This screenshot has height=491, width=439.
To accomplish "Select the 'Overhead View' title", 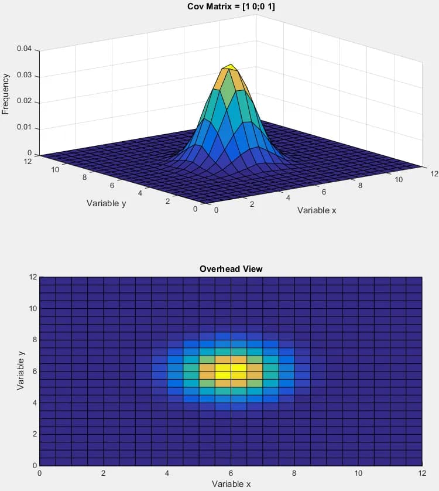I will click(x=231, y=269).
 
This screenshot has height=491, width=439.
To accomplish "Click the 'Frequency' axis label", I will click(x=6, y=93).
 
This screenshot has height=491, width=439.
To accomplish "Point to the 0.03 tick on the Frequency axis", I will click(x=24, y=76).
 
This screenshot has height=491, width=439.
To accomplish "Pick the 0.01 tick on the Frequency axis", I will click(x=24, y=128).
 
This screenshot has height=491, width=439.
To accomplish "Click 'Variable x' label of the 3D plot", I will click(x=317, y=210).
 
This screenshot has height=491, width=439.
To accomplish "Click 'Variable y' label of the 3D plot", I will click(x=106, y=203).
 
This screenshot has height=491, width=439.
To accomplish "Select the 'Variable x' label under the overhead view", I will click(x=231, y=483).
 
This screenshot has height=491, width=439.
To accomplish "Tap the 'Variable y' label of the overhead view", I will click(x=21, y=371).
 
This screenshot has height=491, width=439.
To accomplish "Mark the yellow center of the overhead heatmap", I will click(x=231, y=371).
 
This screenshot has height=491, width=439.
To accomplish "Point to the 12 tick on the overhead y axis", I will click(x=34, y=277).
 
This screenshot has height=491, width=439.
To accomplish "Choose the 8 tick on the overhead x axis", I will click(x=294, y=473).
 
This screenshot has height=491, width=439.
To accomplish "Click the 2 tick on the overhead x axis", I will click(x=104, y=473).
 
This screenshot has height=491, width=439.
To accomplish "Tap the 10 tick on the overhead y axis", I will click(x=34, y=308).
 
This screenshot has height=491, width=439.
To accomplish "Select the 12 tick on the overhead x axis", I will click(x=421, y=473).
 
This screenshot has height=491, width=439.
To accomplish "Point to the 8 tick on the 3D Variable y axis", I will click(x=84, y=177).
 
